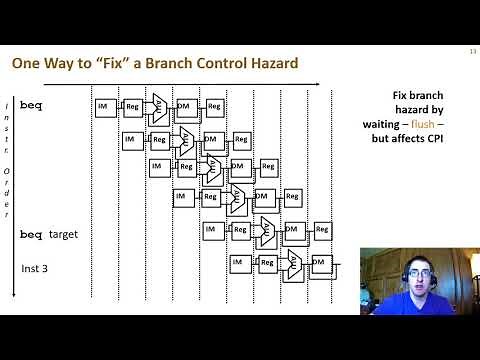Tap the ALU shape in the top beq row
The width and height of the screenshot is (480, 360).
[x=159, y=105]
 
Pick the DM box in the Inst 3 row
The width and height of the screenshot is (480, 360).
[x=319, y=262]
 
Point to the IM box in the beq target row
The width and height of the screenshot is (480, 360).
[x=212, y=230]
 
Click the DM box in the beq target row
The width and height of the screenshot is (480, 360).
[x=292, y=230]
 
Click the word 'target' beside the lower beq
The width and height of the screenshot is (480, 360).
[x=62, y=234]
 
